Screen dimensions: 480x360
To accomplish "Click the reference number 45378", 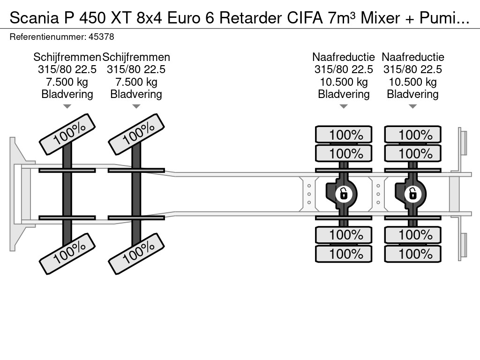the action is (x=101, y=37).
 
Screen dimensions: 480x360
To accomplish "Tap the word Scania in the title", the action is (x=34, y=18).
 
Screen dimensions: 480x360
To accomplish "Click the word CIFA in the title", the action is (x=305, y=18).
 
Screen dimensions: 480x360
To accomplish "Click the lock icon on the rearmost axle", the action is (x=412, y=194).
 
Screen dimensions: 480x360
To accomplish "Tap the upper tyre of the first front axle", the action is (x=67, y=134).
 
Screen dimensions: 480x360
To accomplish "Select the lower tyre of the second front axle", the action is (x=136, y=254).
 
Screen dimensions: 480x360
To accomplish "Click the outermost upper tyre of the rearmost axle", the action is (x=412, y=135).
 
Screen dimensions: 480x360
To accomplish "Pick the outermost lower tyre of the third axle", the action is (x=344, y=254).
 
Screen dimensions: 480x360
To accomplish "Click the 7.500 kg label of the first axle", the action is (x=67, y=82).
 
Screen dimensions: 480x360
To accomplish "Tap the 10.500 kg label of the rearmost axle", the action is (x=412, y=82).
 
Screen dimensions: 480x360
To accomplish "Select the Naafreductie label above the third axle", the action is (x=344, y=57).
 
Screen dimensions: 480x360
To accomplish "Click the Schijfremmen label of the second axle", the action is (x=136, y=57).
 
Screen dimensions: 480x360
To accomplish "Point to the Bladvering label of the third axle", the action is (x=344, y=94).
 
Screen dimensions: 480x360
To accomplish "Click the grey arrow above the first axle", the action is (x=67, y=106).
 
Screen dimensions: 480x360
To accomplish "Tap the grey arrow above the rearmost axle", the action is (x=412, y=106).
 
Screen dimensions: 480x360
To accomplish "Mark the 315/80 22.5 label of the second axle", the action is (x=136, y=69).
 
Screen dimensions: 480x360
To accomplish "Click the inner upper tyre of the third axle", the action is (x=344, y=153).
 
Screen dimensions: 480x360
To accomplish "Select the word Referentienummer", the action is (x=48, y=37).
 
